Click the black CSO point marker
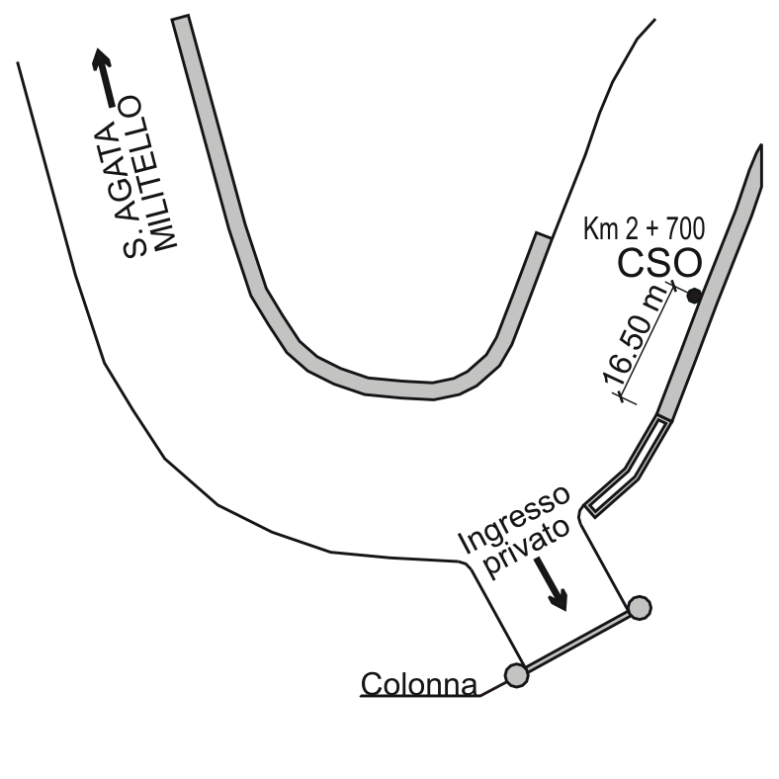(694, 297)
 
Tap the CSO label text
(659, 263)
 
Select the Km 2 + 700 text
(644, 228)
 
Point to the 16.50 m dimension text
(635, 338)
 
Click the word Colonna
(419, 684)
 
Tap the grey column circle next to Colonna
(516, 675)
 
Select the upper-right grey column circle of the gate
(640, 608)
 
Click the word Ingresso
(514, 519)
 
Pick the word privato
(527, 550)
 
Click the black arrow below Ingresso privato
(552, 583)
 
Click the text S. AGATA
(122, 190)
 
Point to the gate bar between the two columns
(577, 642)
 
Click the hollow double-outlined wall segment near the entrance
(630, 468)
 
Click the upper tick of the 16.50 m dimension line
(673, 286)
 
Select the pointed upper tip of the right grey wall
(760, 145)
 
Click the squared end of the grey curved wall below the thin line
(543, 235)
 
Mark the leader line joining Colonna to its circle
(492, 689)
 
